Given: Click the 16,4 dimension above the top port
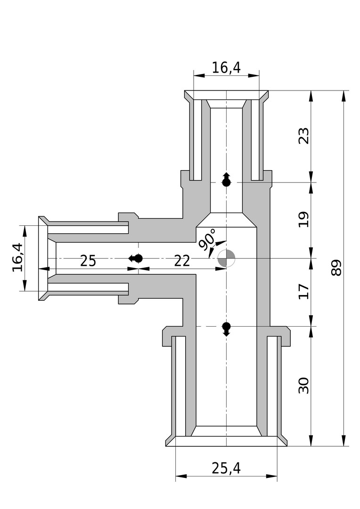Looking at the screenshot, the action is pos(226,67).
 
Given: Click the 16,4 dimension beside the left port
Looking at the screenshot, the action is pos(18,257).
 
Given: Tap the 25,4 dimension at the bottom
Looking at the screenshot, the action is pos(226,468).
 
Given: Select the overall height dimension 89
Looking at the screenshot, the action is pos(336,268).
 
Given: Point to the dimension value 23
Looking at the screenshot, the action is pos(304,136).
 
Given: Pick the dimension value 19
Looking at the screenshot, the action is pos(304,220).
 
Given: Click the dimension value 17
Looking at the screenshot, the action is pos(304,291).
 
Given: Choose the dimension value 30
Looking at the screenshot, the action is pos(304,386).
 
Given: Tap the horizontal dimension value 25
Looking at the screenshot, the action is pos(88,261).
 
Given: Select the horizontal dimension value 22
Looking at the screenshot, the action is pos(181,261).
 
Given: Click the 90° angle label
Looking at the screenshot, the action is pos(207,239).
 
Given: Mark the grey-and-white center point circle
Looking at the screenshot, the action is pos(226,258).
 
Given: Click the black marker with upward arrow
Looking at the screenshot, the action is pos(226,180).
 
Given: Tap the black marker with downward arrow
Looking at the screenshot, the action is pos(226,329).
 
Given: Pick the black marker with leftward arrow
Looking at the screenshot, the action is pos(135,258).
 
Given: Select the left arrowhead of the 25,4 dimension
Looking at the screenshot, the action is pos(181,476).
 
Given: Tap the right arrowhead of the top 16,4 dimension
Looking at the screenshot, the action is pos(254,75).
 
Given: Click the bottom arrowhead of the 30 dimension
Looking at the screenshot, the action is pos(311,441).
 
